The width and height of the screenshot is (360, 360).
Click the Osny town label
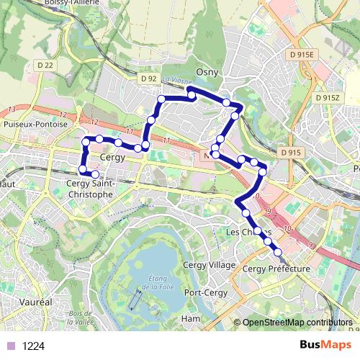coord(216,73)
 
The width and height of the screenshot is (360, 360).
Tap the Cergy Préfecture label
coord(276,269)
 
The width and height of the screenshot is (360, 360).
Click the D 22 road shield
coord(45,65)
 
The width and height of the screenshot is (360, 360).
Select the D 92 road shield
coord(149,78)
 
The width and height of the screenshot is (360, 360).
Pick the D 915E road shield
coord(302,55)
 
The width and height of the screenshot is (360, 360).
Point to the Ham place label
coord(191,318)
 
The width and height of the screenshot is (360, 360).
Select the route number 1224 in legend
coord(34,346)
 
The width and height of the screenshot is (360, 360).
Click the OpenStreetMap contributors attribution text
coord(297,323)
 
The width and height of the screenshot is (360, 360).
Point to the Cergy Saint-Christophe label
coord(89,189)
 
